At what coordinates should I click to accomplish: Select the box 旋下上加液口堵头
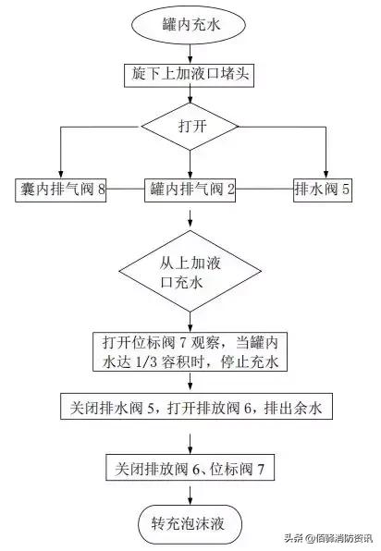[x=190, y=73]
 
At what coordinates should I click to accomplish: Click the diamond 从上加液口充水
[x=190, y=272]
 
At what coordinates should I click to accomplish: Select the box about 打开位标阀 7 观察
[x=190, y=349]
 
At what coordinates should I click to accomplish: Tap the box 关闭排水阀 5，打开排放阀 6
[x=190, y=407]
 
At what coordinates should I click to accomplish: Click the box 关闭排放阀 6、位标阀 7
[x=190, y=467]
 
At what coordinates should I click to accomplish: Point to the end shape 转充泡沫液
[x=190, y=522]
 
